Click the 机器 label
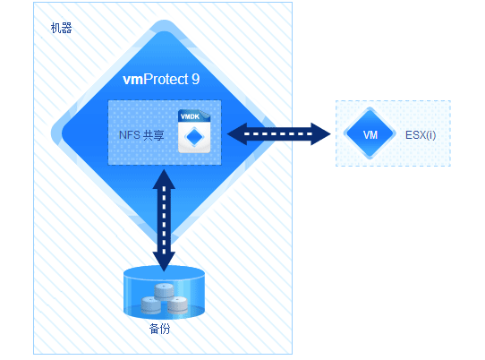click(61, 28)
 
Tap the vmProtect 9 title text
click(161, 79)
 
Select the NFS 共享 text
click(141, 135)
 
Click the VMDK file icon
click(194, 132)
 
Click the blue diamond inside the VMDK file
click(194, 136)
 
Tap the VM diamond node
click(370, 133)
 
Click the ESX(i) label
click(421, 135)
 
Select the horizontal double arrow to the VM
click(278, 133)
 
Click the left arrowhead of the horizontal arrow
click(236, 133)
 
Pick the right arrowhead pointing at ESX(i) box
click(321, 133)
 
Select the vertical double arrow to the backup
click(164, 220)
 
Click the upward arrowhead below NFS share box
click(164, 179)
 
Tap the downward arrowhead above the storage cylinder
click(164, 261)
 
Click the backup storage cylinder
click(164, 293)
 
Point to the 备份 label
click(159, 329)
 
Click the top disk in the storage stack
click(164, 291)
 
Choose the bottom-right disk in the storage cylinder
click(177, 304)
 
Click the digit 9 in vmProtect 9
click(196, 79)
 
